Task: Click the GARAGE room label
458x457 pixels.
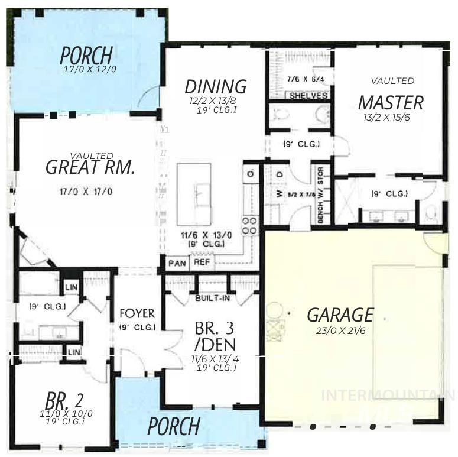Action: coord(340,315)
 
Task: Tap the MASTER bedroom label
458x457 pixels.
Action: coord(391,102)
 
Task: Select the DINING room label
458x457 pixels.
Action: coord(215,86)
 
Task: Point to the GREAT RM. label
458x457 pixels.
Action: coord(90,167)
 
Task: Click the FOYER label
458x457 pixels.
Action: coord(137,313)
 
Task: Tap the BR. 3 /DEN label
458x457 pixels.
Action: coord(215,336)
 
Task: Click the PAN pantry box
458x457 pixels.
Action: coord(176,262)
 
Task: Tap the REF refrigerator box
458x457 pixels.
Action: coord(202,262)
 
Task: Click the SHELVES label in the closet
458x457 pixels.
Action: coord(308,96)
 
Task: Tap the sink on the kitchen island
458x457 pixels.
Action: coord(201,193)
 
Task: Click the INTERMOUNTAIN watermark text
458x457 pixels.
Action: coord(387,395)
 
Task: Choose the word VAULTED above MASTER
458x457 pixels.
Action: coord(392,80)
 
